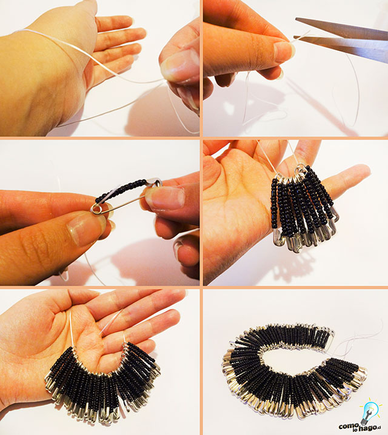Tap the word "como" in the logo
point(348,425)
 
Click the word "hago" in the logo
point(366,428)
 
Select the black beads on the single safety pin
point(121,190)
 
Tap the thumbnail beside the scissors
point(284,51)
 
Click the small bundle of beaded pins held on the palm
point(304,208)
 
